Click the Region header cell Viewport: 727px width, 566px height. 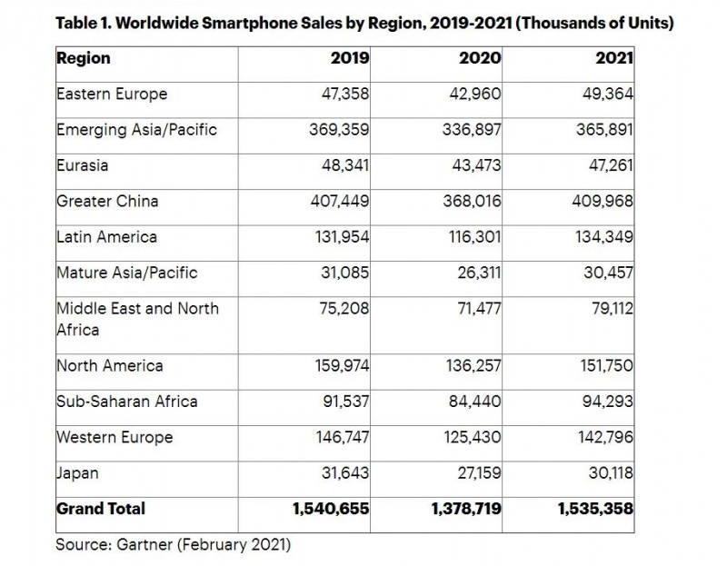pyautogui.click(x=84, y=58)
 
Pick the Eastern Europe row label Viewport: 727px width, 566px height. pyautogui.click(x=112, y=94)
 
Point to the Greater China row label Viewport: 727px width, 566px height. pyautogui.click(x=108, y=201)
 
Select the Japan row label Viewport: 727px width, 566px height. pyautogui.click(x=78, y=472)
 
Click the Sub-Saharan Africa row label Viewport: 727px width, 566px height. pyautogui.click(x=126, y=402)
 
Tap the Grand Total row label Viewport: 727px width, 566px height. pyautogui.click(x=101, y=509)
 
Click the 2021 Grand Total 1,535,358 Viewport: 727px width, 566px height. pyautogui.click(x=595, y=509)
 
